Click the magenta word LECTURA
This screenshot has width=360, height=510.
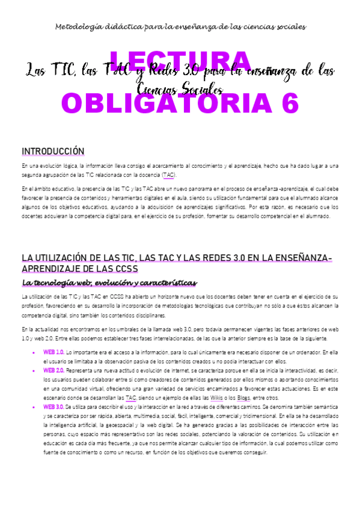180,62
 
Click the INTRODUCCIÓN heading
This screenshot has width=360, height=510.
53,151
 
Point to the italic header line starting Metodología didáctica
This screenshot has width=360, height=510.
180,27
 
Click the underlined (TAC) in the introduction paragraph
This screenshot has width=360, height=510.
169,174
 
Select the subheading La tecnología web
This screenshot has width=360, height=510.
109,282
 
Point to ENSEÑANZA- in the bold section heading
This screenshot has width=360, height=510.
305,257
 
